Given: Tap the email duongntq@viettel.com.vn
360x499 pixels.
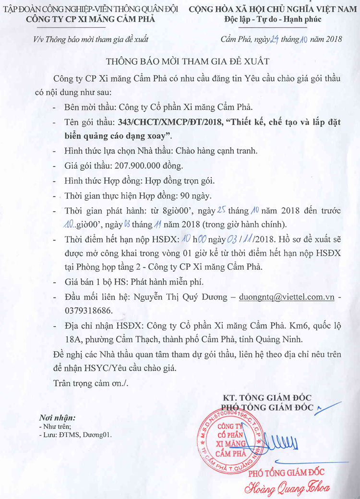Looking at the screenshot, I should [287, 297].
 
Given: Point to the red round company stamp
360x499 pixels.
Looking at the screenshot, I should [231, 440].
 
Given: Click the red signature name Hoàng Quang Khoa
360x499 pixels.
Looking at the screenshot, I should [288, 488].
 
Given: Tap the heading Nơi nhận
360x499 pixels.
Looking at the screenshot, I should [57, 417].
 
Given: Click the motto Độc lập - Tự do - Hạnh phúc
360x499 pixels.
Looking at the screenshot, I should [273, 20].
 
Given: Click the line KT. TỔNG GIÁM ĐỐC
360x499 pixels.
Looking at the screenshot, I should [267, 397].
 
